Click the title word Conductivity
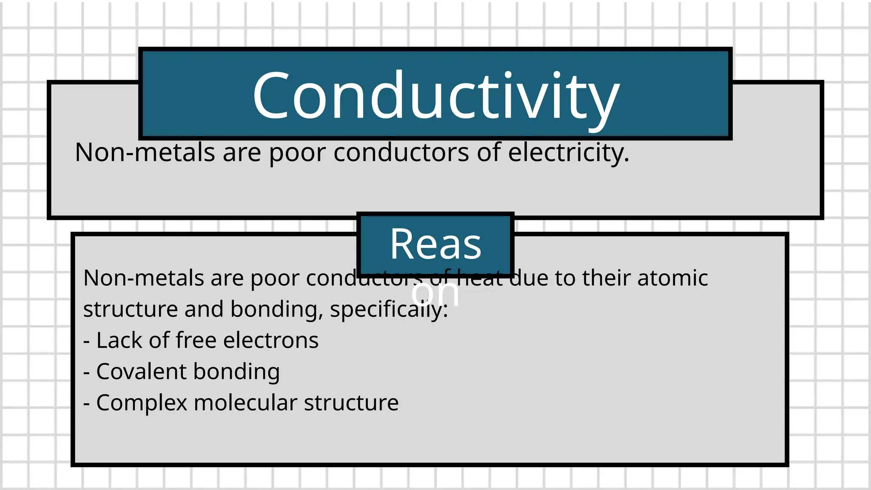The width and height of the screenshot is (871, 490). pyautogui.click(x=435, y=96)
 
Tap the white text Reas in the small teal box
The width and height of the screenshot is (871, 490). pyautogui.click(x=435, y=244)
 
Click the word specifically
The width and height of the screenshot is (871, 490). pyautogui.click(x=389, y=309)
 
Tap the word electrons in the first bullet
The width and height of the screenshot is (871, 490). pyautogui.click(x=270, y=340)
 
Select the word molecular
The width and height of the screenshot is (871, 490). pyautogui.click(x=245, y=402)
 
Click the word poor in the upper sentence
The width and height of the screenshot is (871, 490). pyautogui.click(x=297, y=153)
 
